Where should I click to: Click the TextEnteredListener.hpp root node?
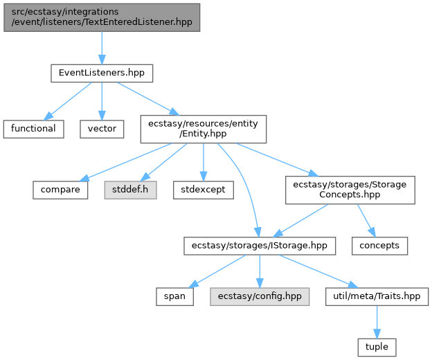pyautogui.click(x=102, y=17)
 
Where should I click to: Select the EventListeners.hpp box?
pyautogui.click(x=102, y=73)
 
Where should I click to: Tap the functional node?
pyautogui.click(x=34, y=129)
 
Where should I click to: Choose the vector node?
pyautogui.click(x=102, y=129)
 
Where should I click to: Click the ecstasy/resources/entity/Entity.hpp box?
pyautogui.click(x=204, y=129)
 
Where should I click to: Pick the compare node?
pyautogui.click(x=60, y=190)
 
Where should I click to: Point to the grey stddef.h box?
pyautogui.click(x=130, y=190)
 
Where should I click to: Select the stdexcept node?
pyautogui.click(x=204, y=190)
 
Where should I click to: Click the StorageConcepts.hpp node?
pyautogui.click(x=350, y=190)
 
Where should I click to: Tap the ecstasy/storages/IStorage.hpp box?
pyautogui.click(x=260, y=246)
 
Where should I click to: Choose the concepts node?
pyautogui.click(x=379, y=246)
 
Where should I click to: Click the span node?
pyautogui.click(x=174, y=296)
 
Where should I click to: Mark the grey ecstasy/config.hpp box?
pyautogui.click(x=260, y=296)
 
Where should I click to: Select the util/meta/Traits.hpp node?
pyautogui.click(x=377, y=296)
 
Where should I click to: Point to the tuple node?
pyautogui.click(x=377, y=348)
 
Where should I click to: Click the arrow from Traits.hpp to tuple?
pyautogui.click(x=377, y=322)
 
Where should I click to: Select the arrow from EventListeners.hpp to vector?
pyautogui.click(x=102, y=101)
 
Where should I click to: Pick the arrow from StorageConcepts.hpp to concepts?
pyautogui.click(x=366, y=220)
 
